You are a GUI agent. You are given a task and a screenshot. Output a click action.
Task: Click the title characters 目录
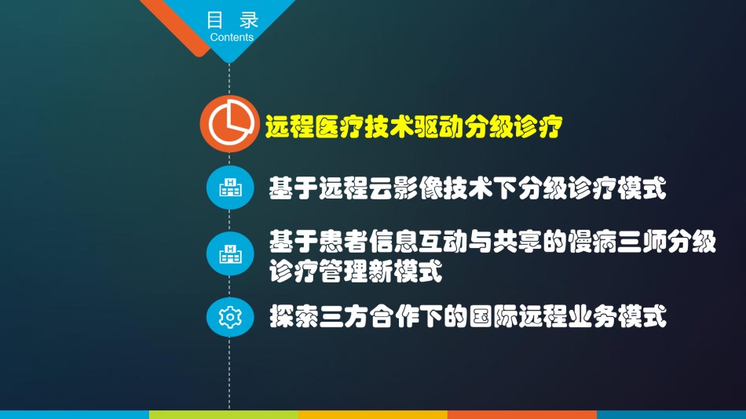(x=232, y=20)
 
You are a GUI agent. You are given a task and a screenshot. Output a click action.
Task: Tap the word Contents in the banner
(x=232, y=37)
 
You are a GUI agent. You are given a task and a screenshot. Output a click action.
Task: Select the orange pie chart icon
(x=230, y=124)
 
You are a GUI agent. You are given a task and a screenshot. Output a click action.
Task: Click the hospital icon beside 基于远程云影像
(x=230, y=188)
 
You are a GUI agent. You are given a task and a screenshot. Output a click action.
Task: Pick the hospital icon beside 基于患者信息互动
(x=230, y=253)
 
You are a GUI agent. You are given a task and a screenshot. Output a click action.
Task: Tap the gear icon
(x=230, y=317)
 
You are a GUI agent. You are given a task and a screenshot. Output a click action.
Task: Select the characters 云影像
(x=406, y=188)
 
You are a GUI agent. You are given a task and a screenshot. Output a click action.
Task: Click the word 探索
(x=294, y=317)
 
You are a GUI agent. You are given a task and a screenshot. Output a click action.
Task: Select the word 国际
(x=493, y=317)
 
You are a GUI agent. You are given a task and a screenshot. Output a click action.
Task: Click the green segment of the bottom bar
(x=224, y=415)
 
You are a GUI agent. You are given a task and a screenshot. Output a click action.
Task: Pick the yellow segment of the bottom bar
(x=373, y=415)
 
